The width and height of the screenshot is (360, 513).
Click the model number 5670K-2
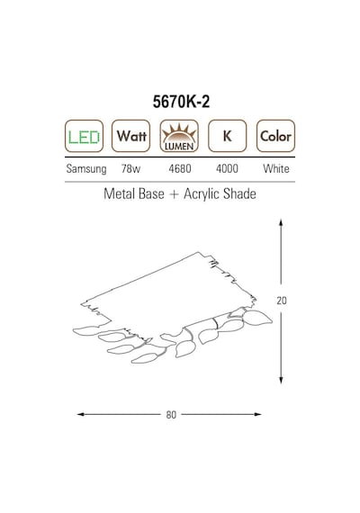[x=181, y=102]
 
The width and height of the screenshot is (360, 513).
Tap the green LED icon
[x=84, y=136]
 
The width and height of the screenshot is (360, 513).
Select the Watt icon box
[x=130, y=136]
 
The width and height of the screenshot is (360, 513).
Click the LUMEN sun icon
[x=179, y=136]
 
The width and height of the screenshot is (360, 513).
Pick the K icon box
[x=227, y=136]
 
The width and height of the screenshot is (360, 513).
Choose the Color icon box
[x=275, y=136]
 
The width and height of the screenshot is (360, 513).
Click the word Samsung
[x=86, y=169]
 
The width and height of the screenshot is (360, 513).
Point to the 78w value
[x=130, y=169]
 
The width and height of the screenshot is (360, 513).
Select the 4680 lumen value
[x=180, y=169]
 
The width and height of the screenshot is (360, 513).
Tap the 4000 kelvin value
[x=227, y=169]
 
